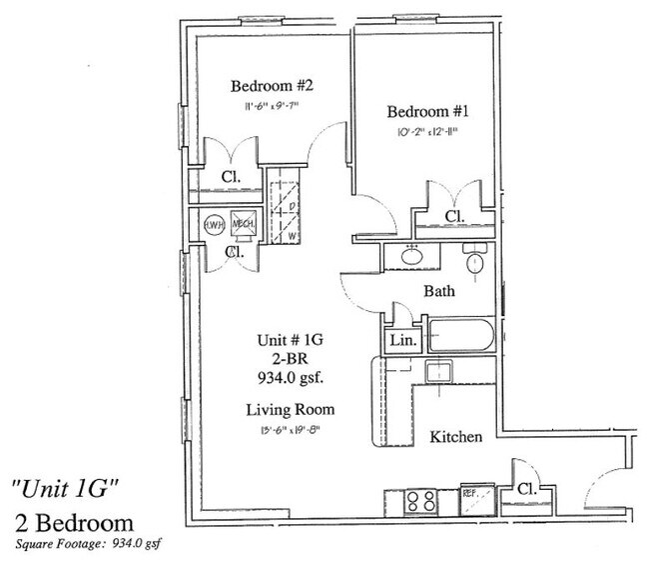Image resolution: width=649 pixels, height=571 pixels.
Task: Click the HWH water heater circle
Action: click(x=213, y=225)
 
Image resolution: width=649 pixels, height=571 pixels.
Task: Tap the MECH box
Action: click(x=243, y=225)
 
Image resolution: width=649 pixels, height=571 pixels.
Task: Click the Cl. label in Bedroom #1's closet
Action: click(x=454, y=216)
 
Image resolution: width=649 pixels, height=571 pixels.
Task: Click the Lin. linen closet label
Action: click(x=401, y=340)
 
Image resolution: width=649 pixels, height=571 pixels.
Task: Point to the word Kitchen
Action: click(x=456, y=437)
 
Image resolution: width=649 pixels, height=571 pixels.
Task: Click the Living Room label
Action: click(x=291, y=410)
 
